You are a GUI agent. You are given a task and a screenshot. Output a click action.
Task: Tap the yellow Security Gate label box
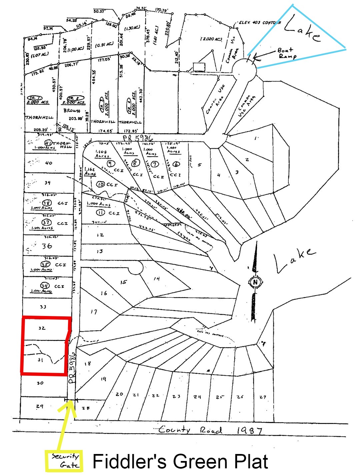64,461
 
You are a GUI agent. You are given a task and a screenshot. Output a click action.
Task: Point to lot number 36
47,246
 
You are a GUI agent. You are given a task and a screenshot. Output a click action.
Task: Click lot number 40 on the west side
49,163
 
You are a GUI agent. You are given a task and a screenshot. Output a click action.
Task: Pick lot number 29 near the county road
40,406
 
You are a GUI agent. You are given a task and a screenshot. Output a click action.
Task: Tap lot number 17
94,312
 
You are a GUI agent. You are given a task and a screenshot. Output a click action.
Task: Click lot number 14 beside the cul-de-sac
156,279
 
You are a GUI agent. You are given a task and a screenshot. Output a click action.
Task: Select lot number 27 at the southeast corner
263,397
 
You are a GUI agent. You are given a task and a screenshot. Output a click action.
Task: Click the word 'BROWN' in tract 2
72,111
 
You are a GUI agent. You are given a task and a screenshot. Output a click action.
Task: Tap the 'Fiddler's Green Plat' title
180,461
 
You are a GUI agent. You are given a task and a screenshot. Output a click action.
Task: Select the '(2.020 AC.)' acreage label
211,39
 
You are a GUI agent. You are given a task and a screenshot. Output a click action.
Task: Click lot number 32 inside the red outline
42,328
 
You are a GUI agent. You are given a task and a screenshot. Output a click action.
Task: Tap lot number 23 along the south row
176,396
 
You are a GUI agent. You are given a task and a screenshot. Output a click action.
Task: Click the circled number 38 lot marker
47,203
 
